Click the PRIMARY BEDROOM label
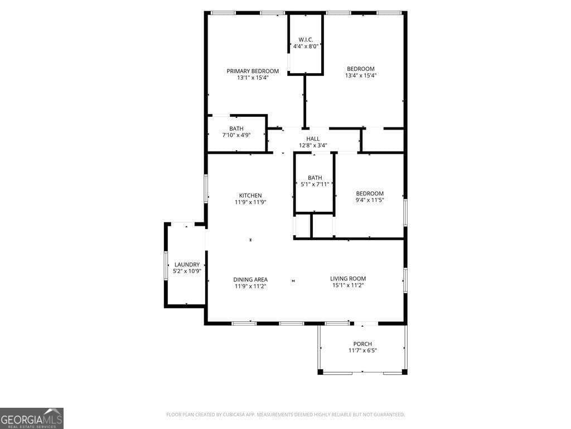(x=253, y=71)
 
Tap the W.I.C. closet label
(x=306, y=40)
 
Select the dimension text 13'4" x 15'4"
(x=361, y=75)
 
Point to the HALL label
(x=313, y=139)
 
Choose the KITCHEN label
(x=250, y=196)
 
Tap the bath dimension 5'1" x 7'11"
(x=314, y=184)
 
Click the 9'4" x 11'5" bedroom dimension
(x=370, y=200)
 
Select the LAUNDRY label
(x=187, y=265)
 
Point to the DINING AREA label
(x=250, y=279)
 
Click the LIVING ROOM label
(x=348, y=279)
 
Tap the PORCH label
(x=362, y=344)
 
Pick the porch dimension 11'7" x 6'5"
(x=362, y=351)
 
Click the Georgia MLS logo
(x=32, y=418)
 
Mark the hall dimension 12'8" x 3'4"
(x=313, y=145)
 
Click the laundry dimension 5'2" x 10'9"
(x=187, y=271)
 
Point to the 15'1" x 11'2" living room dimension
(x=348, y=285)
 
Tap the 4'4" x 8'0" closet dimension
(x=306, y=46)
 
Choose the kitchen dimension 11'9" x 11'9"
(x=250, y=202)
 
